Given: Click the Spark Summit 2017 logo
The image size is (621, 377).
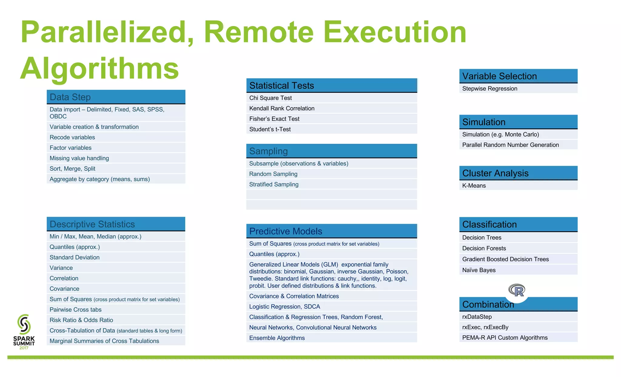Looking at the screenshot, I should tap(24, 332).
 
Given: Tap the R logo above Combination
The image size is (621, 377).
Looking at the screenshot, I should tap(517, 291).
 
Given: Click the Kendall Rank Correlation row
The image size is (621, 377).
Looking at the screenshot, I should tap(282, 108).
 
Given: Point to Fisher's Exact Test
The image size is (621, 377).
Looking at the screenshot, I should tap(274, 119).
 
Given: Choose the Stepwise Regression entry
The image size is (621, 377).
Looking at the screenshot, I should tap(489, 89).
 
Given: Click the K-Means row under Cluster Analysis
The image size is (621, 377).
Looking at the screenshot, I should tap(474, 186).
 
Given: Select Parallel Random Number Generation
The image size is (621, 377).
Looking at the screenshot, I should tap(510, 145).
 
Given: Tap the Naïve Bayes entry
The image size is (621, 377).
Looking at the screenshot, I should tap(479, 270).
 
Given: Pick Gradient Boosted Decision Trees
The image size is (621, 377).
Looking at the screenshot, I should tap(505, 259).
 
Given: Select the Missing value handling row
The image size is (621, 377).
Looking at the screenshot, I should tap(79, 158).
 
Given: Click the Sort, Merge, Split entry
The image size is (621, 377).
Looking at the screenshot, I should tap(72, 169).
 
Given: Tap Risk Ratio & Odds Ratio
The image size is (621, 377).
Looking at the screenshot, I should tap(81, 320).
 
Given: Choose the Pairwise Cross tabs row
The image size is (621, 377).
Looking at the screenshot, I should tap(76, 310).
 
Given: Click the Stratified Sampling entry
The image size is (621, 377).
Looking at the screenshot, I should tap(274, 184).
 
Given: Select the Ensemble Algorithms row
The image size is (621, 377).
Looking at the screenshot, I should tap(277, 338).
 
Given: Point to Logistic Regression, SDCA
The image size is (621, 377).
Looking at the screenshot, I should tap(284, 307).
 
